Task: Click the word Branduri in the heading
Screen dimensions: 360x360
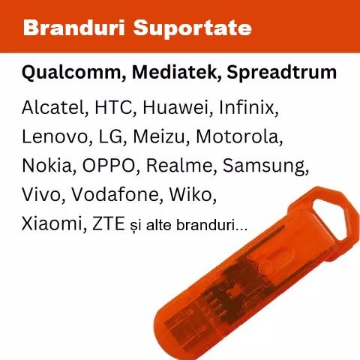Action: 73,28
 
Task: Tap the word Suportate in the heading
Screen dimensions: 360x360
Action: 193,28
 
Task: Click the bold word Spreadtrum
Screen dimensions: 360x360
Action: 282,73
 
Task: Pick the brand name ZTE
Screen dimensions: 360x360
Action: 109,223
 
